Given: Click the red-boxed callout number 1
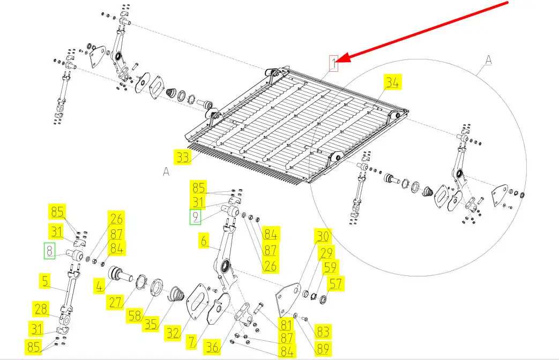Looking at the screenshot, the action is [333, 63].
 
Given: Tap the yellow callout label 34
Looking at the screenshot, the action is [392, 82].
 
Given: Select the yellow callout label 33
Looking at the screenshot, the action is [183, 157].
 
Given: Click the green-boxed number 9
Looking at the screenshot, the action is [196, 217].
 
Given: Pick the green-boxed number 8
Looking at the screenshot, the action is [49, 251].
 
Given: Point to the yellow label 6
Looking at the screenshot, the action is [204, 241].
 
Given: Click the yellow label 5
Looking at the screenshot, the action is [44, 281].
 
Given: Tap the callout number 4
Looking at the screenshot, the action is [99, 286].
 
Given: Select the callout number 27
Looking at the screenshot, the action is [116, 302].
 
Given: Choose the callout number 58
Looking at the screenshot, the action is [135, 316].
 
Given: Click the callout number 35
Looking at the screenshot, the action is [151, 324].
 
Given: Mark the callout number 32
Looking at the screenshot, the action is [173, 333].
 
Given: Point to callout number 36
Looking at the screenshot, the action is [212, 347].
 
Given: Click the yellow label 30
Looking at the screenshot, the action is [323, 236].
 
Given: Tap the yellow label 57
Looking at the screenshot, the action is [336, 284].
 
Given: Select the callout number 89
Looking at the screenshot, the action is [323, 349].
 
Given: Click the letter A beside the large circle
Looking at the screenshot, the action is [488, 60].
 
